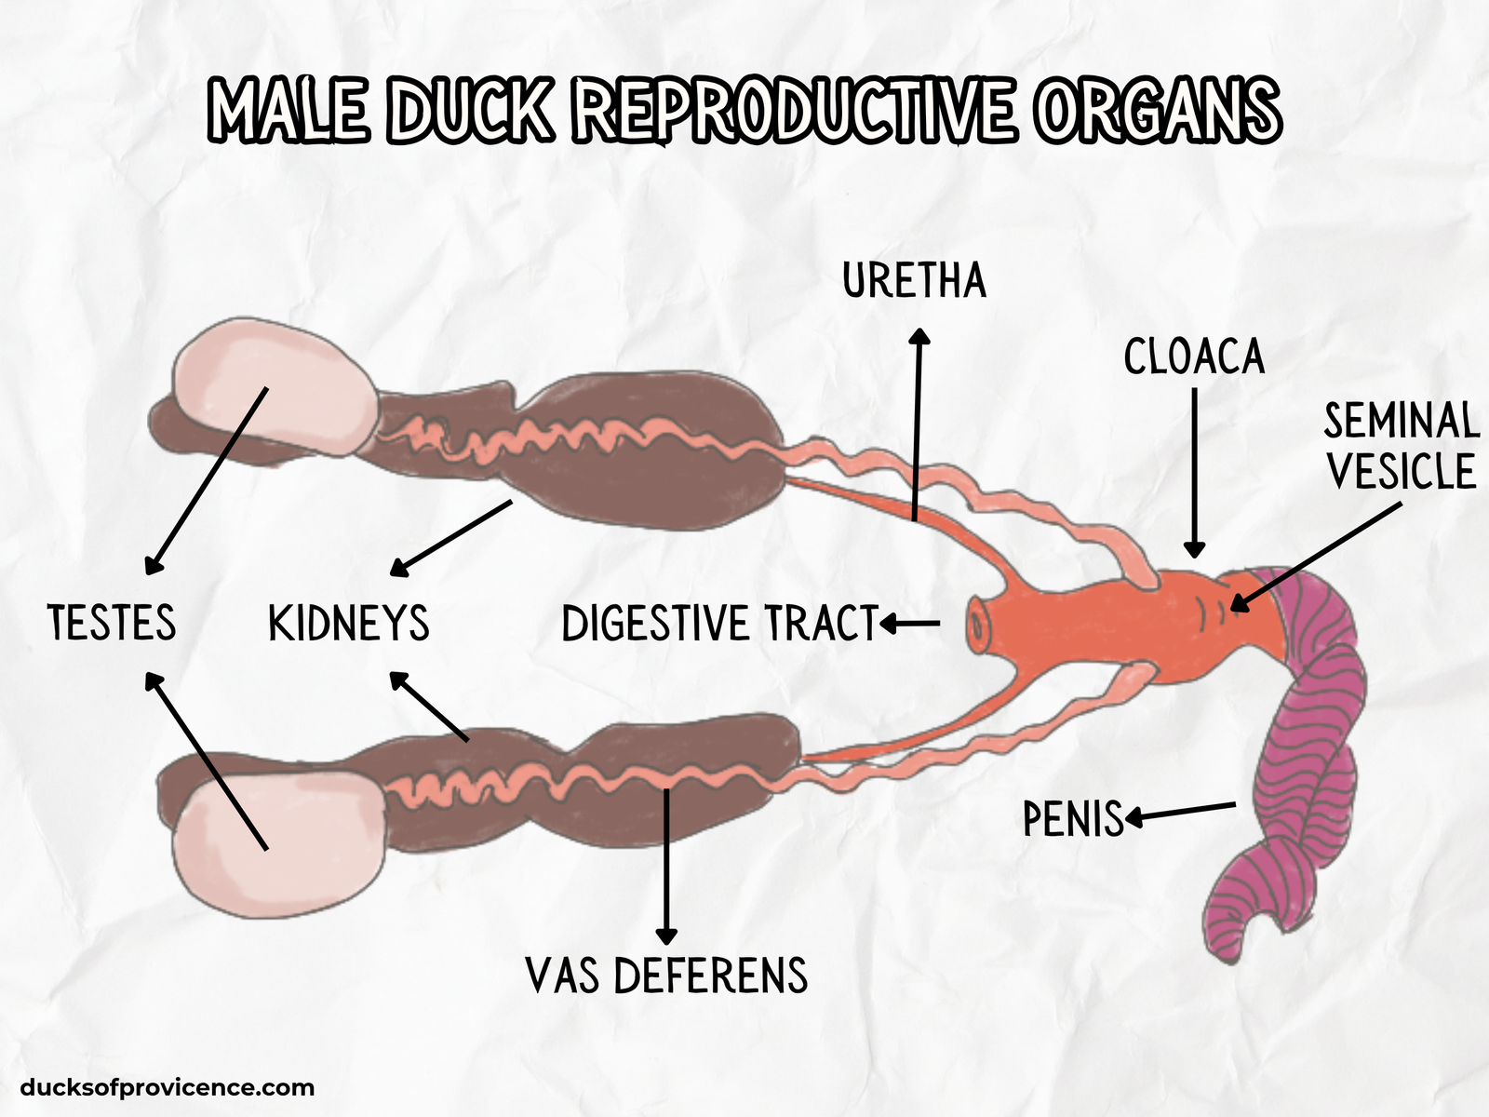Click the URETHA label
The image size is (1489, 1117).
pyautogui.click(x=914, y=281)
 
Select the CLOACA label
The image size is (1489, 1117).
pyautogui.click(x=1194, y=357)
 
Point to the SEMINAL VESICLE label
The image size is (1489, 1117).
pyautogui.click(x=1401, y=446)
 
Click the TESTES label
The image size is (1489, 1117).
pyautogui.click(x=112, y=623)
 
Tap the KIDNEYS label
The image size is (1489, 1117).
pyautogui.click(x=349, y=624)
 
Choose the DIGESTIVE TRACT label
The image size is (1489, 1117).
pyautogui.click(x=720, y=624)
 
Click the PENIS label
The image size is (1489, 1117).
pyautogui.click(x=1073, y=819)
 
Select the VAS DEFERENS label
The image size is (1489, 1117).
pyautogui.click(x=666, y=976)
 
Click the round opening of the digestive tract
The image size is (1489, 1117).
pyautogui.click(x=976, y=624)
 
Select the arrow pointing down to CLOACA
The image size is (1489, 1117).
pyautogui.click(x=1195, y=475)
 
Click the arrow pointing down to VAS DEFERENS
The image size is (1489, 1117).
pyautogui.click(x=666, y=866)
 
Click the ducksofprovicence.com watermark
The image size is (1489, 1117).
pyautogui.click(x=167, y=1087)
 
